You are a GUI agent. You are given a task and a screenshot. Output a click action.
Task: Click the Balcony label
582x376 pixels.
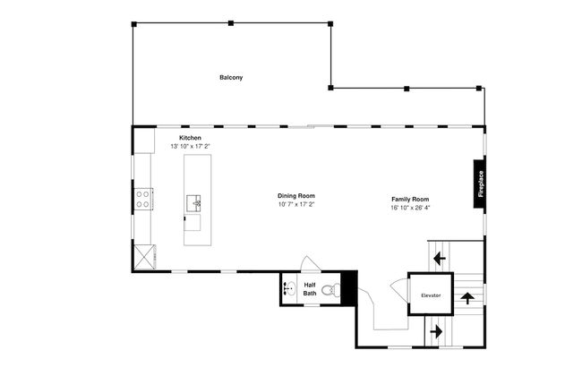coord(231,78)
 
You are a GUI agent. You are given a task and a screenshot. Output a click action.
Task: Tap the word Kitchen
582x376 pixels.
coord(190,138)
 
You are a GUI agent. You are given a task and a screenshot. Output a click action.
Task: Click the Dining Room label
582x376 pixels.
coord(295,195)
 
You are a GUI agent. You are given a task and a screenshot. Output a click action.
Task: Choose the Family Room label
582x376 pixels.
coord(410,199)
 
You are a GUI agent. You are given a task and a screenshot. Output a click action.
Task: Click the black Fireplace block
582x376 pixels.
coord(480,184)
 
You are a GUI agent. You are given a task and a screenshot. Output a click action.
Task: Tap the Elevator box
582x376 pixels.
coord(431,295)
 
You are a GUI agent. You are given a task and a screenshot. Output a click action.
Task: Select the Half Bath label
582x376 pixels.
coord(310,289)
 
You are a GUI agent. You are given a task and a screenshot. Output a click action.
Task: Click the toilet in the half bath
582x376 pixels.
coord(331,289)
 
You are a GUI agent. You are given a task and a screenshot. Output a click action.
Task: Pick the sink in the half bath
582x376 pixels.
coord(289,289)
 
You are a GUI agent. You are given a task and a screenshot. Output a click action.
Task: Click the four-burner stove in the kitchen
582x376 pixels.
coord(142,199)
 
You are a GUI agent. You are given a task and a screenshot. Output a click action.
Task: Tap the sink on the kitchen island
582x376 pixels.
coord(194,203)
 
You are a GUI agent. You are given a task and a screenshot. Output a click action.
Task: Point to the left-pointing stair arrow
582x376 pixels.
coord(439,259)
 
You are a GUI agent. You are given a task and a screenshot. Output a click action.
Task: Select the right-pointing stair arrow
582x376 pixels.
coord(437,331)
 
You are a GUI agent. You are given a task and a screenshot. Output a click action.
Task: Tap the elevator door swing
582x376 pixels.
coord(397,289)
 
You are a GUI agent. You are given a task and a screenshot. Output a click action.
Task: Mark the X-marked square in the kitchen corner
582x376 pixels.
coord(143,258)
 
